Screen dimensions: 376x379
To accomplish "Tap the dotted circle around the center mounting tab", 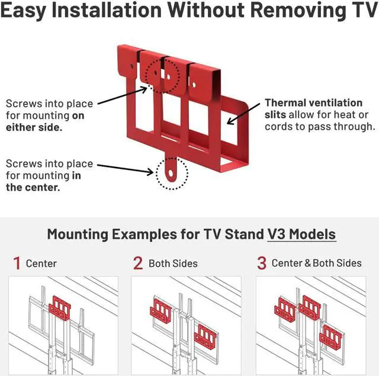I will (x=172, y=173).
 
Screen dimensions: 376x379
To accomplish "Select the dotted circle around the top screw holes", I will (x=163, y=75).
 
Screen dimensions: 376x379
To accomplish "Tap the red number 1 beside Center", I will (x=17, y=263).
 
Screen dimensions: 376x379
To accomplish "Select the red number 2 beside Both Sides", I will (x=138, y=263).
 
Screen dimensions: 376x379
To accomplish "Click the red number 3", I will (x=261, y=263).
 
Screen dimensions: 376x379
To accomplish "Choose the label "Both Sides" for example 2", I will (x=173, y=263).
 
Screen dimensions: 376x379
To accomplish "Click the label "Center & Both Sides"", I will (x=316, y=263).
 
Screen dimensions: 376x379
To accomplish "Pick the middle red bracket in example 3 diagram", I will (x=310, y=305).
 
